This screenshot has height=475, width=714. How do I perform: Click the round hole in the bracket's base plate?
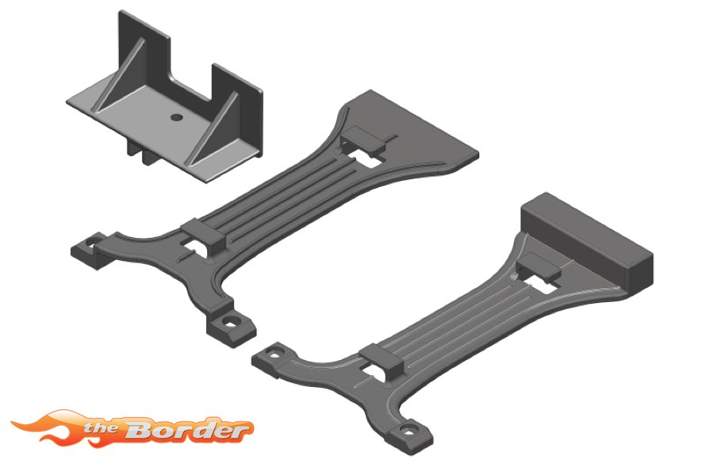pos(177,117)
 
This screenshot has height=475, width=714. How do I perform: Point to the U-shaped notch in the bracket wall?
pos(191,80)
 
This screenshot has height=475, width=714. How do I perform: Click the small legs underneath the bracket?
pos(141,152)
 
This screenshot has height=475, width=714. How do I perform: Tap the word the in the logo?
pos(102,428)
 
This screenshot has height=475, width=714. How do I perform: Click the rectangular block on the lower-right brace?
pos(587,243)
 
